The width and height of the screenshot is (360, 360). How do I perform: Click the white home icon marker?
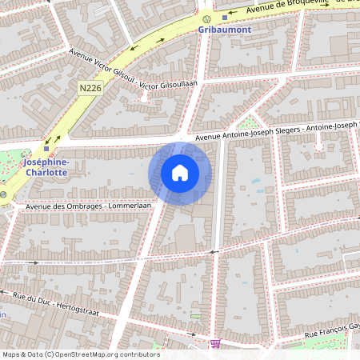click(180, 173)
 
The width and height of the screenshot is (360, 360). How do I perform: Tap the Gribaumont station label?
click(225, 29)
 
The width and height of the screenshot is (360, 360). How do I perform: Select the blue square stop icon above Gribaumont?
click(225, 17)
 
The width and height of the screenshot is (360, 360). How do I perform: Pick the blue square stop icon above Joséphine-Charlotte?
click(46, 148)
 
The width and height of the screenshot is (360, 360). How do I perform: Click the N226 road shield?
click(90, 86)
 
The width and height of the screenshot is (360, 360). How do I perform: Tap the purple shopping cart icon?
click(214, 343)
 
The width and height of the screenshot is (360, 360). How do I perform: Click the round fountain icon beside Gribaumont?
click(207, 18)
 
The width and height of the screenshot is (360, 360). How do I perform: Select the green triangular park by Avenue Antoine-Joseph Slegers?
click(251, 123)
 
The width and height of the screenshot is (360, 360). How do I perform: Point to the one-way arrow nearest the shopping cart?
click(213, 251)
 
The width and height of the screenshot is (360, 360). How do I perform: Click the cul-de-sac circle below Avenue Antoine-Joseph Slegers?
click(319, 146)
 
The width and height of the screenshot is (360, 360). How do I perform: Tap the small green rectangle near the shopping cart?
click(196, 316)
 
